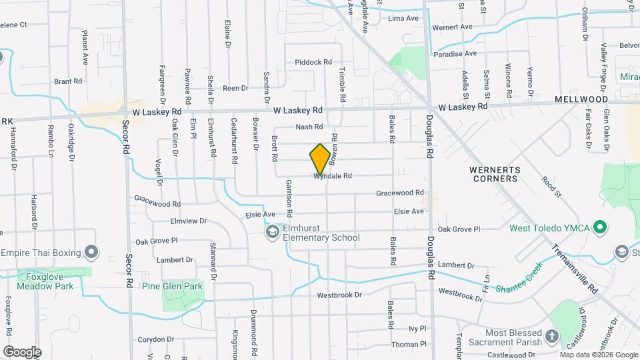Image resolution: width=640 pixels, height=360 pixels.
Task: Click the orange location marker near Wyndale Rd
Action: [x=320, y=159]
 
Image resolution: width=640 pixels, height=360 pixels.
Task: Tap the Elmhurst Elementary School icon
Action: [x=272, y=231]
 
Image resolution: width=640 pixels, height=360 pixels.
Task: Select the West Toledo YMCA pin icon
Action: [x=599, y=228]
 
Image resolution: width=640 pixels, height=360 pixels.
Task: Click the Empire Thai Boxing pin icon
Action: [x=92, y=253]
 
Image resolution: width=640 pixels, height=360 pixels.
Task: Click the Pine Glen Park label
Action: [x=172, y=286]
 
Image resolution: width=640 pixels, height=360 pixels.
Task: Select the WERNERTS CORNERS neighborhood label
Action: [x=493, y=174]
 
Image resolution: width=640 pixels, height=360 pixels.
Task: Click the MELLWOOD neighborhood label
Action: [x=581, y=99]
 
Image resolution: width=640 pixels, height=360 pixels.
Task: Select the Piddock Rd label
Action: [x=313, y=62]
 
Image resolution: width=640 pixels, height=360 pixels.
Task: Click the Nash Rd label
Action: [x=309, y=127]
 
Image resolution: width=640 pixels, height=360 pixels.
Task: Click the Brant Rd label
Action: [x=67, y=81]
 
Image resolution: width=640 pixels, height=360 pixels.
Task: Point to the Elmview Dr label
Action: [x=189, y=221]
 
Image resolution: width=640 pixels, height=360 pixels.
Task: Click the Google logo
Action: [x=21, y=351]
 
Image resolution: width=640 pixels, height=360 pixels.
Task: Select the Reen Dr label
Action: [x=235, y=88]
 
